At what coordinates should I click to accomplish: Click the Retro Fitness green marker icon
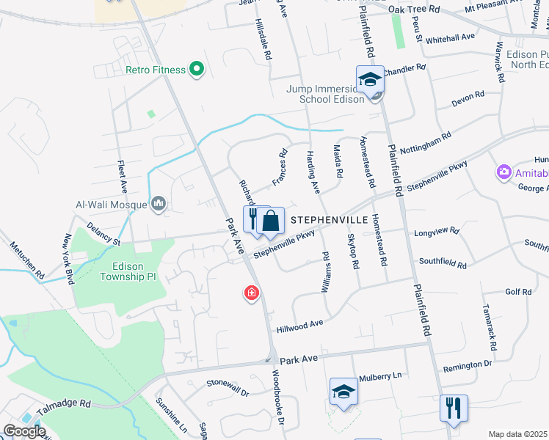point(196,70)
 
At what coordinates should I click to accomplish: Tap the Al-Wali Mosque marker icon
point(159,203)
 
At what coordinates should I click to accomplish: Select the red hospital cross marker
point(252,294)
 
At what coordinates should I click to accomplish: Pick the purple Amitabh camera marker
point(504,172)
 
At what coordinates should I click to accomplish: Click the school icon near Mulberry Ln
point(343,392)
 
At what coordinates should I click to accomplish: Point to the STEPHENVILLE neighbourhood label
point(329,219)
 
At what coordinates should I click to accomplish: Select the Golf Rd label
point(518,292)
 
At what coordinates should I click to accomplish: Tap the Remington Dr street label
point(467,364)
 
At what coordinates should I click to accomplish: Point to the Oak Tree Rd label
point(414,9)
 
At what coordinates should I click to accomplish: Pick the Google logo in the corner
point(24,430)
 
